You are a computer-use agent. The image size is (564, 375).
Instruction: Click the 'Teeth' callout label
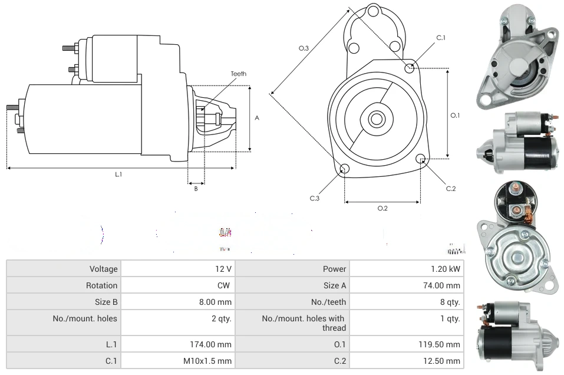[239, 74]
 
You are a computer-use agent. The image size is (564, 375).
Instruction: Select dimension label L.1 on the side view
[118, 174]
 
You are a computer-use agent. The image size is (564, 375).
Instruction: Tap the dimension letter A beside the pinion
[257, 118]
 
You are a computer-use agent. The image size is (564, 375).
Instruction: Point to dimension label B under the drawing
[196, 189]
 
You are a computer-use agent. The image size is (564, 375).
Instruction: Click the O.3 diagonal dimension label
[304, 48]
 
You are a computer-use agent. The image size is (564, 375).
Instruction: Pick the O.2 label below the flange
[382, 208]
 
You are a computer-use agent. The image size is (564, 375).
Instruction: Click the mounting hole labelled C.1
[410, 68]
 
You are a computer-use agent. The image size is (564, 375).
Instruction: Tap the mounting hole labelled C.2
[421, 159]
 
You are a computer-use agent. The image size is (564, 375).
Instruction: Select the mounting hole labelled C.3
[344, 170]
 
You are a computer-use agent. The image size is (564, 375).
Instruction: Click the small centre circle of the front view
[375, 119]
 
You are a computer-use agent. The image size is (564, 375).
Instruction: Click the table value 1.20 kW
[446, 269]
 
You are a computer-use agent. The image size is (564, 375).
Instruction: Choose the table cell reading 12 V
[223, 269]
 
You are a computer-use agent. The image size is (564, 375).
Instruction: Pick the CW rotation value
[225, 285]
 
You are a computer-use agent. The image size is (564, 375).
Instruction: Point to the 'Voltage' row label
[104, 269]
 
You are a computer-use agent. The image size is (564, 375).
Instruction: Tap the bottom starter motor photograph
[517, 333]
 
